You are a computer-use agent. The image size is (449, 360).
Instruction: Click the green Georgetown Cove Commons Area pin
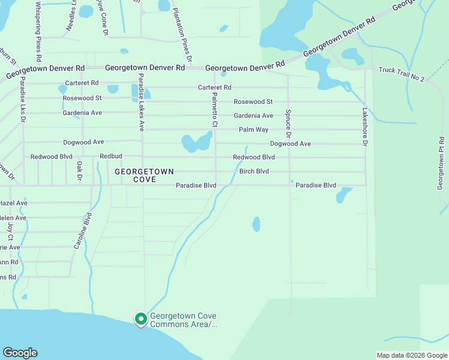[140, 319]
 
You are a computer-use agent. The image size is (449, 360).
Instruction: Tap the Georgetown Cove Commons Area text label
[183, 320]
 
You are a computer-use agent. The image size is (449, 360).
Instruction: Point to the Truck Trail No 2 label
[401, 74]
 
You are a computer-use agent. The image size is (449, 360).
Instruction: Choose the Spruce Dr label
[289, 121]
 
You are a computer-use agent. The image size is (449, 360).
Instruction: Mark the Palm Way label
[253, 130]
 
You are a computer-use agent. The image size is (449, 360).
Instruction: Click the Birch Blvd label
[254, 171]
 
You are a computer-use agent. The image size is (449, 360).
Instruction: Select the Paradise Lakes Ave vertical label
[142, 102]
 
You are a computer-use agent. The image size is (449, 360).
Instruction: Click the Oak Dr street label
[79, 172]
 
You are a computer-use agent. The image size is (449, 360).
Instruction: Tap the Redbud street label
[110, 157]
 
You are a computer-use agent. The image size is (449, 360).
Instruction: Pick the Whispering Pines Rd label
[38, 31]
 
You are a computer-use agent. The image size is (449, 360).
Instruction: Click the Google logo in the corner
[20, 353]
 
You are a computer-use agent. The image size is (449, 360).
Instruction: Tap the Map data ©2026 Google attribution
[412, 355]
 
